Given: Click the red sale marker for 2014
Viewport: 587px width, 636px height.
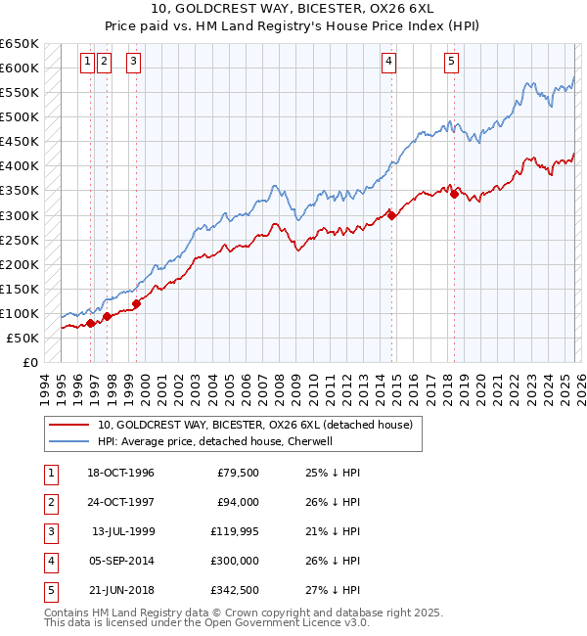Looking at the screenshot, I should (x=391, y=215).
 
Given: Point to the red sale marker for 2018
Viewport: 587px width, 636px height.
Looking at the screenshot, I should (x=454, y=194).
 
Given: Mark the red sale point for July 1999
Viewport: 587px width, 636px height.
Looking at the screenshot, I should (x=136, y=303).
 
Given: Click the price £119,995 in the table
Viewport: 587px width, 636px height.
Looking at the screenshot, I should (x=229, y=531).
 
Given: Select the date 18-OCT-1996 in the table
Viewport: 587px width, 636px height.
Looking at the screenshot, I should (x=120, y=473).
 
